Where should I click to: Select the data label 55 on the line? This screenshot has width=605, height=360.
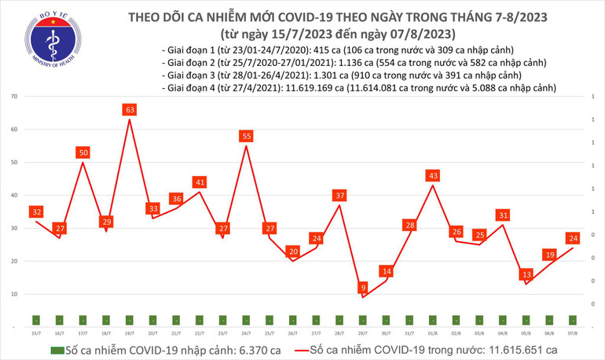point(247,136)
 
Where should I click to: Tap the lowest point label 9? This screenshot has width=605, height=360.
point(362,287)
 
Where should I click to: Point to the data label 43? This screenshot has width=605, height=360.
point(433,174)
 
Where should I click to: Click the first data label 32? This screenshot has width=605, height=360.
point(36,211)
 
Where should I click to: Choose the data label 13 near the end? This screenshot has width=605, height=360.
point(526,274)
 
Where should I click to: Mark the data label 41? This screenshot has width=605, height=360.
point(200,182)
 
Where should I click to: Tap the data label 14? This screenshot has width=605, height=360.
point(386,271)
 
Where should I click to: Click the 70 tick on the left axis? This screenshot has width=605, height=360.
point(14,96)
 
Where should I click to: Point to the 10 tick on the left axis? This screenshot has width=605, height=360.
point(14,294)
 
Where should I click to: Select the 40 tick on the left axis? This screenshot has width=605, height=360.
point(14,195)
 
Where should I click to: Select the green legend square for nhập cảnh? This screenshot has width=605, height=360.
point(56,349)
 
